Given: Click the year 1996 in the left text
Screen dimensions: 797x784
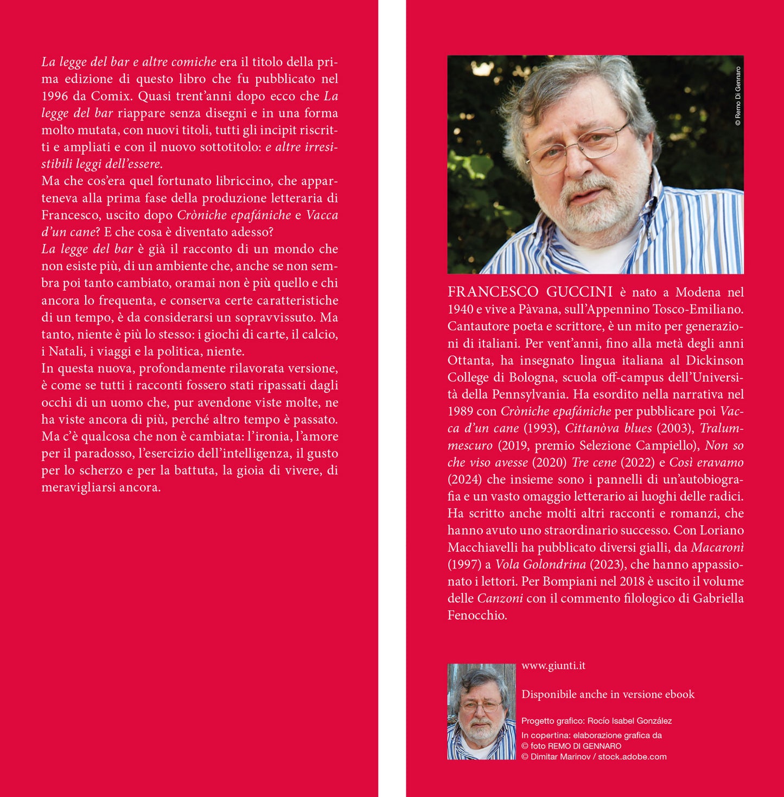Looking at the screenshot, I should [55, 97].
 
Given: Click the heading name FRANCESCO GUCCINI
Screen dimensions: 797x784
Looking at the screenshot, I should [530, 292].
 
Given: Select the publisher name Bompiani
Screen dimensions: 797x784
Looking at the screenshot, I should [568, 582].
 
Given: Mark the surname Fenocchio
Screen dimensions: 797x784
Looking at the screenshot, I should [477, 616].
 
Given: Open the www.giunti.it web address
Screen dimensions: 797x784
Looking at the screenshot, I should [553, 666].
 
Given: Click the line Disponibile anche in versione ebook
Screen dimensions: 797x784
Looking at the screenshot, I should [608, 694].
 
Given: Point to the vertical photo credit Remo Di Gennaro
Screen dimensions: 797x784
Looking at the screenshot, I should [738, 97].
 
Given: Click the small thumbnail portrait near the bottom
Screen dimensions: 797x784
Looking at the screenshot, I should [481, 711].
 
